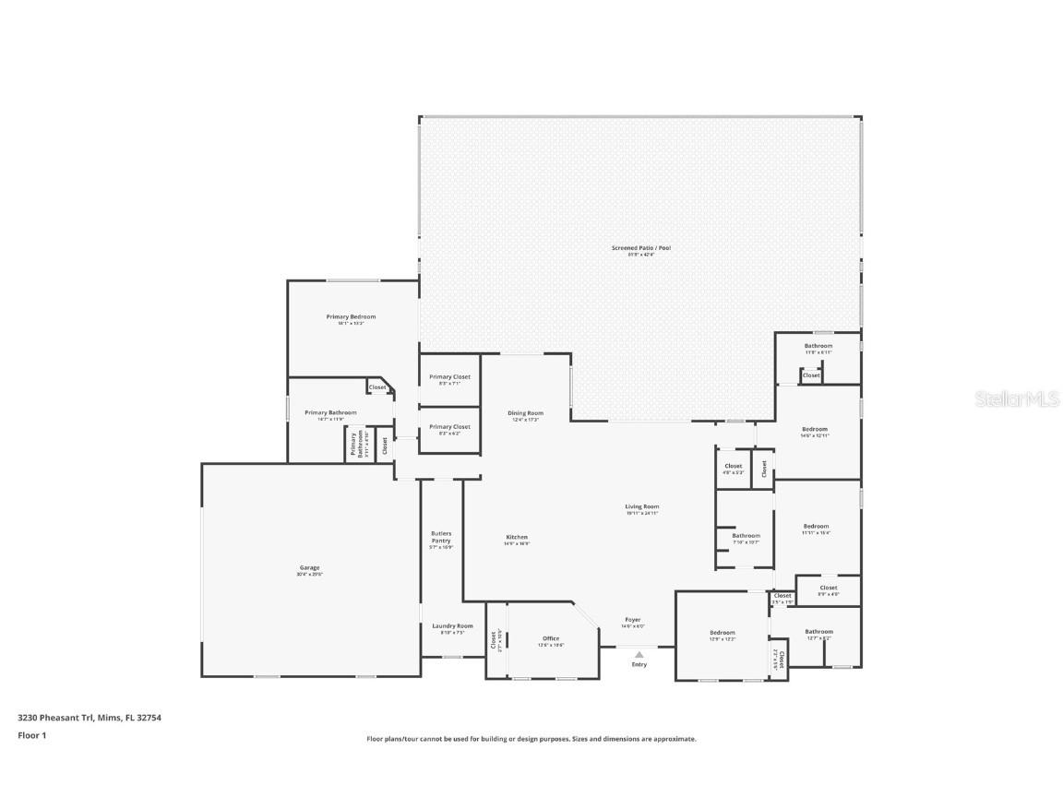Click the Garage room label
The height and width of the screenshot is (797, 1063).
[x=309, y=568]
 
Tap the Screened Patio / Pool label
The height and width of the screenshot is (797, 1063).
[x=640, y=248]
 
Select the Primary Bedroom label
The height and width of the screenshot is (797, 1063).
[x=351, y=317]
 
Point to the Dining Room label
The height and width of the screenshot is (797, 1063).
[x=525, y=413]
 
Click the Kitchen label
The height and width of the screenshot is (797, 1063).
[x=516, y=538]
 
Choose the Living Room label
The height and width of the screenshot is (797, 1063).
[x=641, y=506]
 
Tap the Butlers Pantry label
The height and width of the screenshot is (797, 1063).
[x=441, y=537]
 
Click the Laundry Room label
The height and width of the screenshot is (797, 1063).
[x=452, y=626]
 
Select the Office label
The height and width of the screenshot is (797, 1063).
[x=551, y=638]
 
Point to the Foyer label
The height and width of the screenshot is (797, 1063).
[x=632, y=620]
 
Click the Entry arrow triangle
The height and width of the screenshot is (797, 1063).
[x=639, y=655]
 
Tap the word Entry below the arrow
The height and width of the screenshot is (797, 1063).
[x=639, y=664]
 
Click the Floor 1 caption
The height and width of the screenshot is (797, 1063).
[x=31, y=735]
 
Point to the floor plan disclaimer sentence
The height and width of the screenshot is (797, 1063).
[x=531, y=739]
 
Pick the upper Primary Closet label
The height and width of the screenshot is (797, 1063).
[x=449, y=377]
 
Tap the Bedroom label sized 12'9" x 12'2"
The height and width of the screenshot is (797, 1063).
[x=722, y=633]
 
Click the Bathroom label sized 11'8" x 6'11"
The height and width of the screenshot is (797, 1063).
[x=818, y=346]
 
